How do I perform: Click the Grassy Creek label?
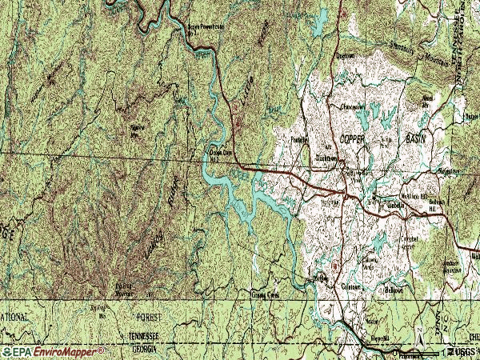(x=266, y=294)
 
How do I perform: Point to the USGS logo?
(x=461, y=352)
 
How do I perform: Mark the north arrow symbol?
(x=419, y=328)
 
